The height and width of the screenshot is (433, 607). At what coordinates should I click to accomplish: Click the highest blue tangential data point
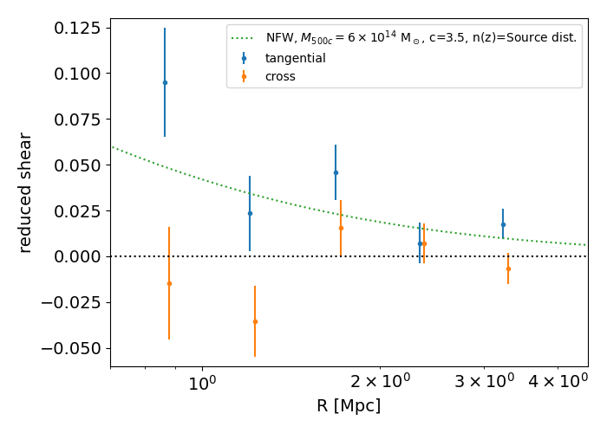click(165, 82)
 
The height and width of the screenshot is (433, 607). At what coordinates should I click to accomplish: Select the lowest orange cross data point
click(255, 321)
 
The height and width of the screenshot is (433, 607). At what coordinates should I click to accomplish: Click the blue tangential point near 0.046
click(336, 172)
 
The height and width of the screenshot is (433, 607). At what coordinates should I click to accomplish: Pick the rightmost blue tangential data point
click(503, 224)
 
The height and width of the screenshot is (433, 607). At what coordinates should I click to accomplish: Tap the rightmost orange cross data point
click(508, 268)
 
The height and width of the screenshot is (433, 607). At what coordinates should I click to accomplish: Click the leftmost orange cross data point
click(169, 283)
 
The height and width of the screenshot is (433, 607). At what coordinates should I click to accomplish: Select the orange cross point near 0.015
click(341, 229)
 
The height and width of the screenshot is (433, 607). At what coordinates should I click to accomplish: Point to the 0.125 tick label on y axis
click(76, 28)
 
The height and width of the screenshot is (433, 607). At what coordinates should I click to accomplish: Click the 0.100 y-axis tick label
click(76, 74)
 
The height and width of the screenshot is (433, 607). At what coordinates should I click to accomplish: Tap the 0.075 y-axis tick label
click(76, 120)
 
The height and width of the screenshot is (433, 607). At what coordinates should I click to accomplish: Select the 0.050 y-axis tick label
click(76, 165)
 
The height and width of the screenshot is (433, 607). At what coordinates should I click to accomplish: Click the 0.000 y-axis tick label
click(76, 256)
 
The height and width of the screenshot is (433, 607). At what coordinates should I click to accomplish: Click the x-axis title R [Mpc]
click(349, 405)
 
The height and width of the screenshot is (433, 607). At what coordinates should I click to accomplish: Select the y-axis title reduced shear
click(25, 192)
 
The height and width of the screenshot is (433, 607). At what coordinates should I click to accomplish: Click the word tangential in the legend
click(296, 58)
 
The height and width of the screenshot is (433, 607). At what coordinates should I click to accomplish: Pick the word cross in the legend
click(280, 76)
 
